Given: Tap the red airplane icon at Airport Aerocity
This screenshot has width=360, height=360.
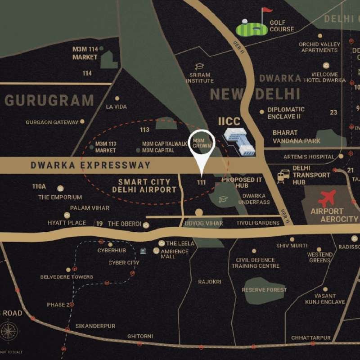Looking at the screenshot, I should (x=327, y=198).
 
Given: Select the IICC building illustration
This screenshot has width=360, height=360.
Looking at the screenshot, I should (x=240, y=141).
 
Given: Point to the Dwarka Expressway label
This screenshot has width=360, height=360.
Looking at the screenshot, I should (x=90, y=165).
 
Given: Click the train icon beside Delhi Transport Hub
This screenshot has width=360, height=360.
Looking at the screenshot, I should (x=283, y=176).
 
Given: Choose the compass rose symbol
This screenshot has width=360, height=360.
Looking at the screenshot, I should (x=9, y=332).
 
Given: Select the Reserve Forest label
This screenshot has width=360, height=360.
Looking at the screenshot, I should (x=264, y=290).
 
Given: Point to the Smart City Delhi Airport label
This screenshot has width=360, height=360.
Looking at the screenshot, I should (x=144, y=186).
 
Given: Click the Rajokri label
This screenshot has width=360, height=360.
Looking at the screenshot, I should (x=210, y=282).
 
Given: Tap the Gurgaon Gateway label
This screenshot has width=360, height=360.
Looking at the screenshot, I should (x=52, y=122).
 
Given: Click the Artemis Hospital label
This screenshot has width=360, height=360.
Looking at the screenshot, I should (x=309, y=157).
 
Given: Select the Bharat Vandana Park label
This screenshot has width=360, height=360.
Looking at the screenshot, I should (x=297, y=137).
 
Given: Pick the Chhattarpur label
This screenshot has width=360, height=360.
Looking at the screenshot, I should (x=311, y=337).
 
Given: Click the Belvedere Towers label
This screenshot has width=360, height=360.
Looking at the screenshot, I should (x=67, y=277).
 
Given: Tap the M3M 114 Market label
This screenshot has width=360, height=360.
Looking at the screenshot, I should (x=85, y=54).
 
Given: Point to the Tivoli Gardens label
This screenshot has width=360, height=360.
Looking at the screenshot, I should (x=258, y=223).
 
